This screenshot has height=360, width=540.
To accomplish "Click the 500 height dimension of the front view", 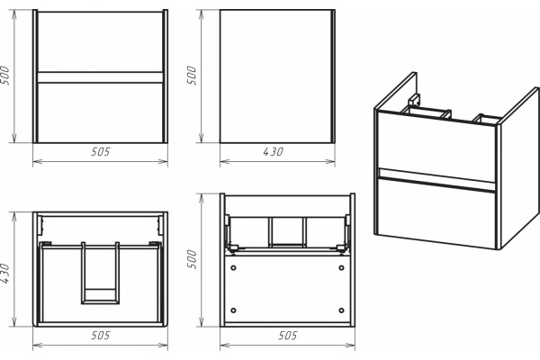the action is [x=4, y=76].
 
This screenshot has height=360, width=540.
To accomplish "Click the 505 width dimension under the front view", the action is [x=101, y=151].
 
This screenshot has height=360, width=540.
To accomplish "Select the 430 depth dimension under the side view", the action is [x=273, y=151].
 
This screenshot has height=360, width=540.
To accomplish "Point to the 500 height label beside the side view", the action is [x=192, y=76].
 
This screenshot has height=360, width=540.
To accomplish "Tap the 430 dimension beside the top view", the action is [x=4, y=274].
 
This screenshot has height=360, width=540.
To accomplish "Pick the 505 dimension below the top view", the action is [x=101, y=335].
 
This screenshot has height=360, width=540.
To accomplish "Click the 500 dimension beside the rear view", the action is [x=192, y=259].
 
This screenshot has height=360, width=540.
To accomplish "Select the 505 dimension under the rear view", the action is [x=288, y=335].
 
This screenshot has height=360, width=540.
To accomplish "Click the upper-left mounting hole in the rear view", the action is [x=233, y=267].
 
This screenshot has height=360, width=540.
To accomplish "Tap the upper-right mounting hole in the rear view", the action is [x=341, y=267].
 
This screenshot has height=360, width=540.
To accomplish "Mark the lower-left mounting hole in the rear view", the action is [x=233, y=310].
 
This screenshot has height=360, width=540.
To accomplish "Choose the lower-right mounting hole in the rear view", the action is [x=341, y=310].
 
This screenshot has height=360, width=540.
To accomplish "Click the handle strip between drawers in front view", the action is [x=100, y=77].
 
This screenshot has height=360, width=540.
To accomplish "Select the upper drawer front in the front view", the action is [x=100, y=41].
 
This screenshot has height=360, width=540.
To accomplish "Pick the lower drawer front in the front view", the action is [x=100, y=112].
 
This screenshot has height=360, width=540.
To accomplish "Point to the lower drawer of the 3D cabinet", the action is [x=436, y=211].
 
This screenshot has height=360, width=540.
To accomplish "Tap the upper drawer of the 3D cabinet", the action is [x=436, y=148].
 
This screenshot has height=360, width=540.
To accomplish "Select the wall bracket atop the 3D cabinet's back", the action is [x=413, y=100].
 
